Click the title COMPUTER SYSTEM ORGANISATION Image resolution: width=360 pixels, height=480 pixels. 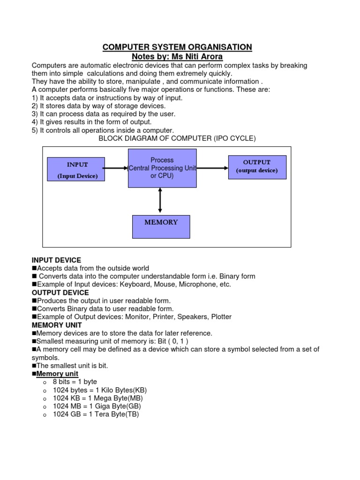tap(177, 47)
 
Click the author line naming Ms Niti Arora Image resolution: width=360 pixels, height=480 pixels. tap(177, 57)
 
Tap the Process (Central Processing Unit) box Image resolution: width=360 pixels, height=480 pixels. tap(162, 168)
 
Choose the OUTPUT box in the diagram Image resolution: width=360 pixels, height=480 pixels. tap(256, 166)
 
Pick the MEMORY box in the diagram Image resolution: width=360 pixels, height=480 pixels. tap(161, 227)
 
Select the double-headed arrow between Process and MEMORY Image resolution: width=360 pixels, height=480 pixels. tap(160, 200)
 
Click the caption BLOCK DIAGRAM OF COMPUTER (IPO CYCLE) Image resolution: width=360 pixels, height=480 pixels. tap(177, 139)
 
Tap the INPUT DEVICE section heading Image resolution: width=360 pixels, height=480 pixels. tap(56, 260)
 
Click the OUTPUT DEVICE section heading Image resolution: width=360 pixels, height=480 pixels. tap(60, 292)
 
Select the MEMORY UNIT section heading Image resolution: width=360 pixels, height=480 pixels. tap(57, 325)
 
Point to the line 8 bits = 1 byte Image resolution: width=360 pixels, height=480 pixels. tap(75, 382)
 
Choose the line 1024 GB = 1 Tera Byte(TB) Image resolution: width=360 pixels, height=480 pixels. tap(96, 414)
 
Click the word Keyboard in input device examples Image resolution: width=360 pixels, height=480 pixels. tap(135, 284)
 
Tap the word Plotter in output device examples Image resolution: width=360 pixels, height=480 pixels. tap(221, 317)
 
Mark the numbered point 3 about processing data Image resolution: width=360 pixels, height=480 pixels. tap(103, 114)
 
